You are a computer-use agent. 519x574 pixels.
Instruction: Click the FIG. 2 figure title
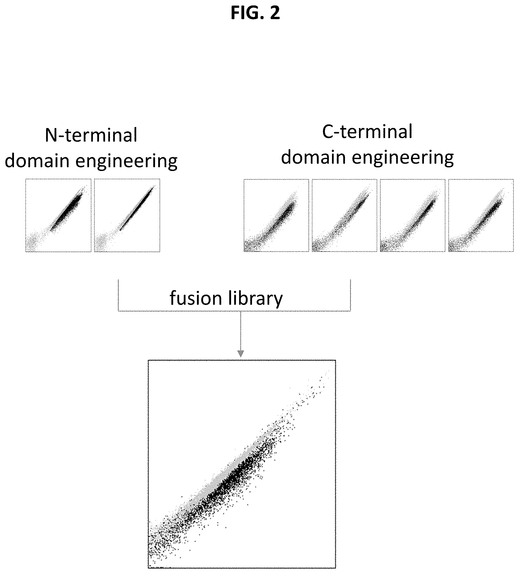click(255, 13)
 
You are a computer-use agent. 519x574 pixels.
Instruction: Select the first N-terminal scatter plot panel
click(58, 215)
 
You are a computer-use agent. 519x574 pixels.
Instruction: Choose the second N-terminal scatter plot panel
click(127, 215)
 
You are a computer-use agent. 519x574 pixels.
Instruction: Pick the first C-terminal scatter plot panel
click(276, 215)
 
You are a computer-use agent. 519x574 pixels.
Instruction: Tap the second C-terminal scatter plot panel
click(345, 215)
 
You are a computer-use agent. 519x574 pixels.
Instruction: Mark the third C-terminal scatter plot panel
click(413, 215)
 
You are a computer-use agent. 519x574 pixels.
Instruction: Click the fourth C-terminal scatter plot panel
click(481, 215)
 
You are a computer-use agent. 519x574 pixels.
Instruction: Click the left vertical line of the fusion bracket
click(118, 295)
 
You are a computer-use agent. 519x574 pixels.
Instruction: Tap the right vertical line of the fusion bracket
click(350, 295)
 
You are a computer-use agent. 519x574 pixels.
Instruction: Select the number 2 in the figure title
click(275, 13)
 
